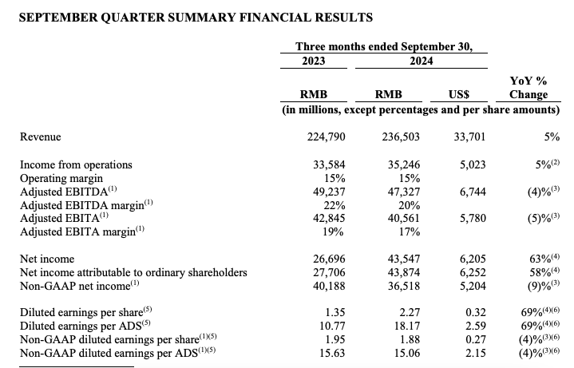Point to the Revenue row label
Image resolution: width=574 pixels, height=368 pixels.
click(41, 137)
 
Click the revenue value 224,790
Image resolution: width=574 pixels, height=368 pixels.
click(326, 137)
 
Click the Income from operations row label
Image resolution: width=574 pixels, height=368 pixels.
click(76, 165)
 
